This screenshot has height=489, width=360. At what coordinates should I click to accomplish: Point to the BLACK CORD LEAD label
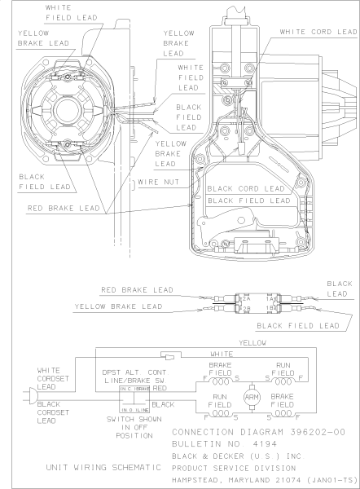point(248,187)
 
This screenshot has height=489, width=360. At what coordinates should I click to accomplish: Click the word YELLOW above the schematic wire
point(257,343)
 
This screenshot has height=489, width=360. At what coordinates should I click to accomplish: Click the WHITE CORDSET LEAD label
point(55,377)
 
